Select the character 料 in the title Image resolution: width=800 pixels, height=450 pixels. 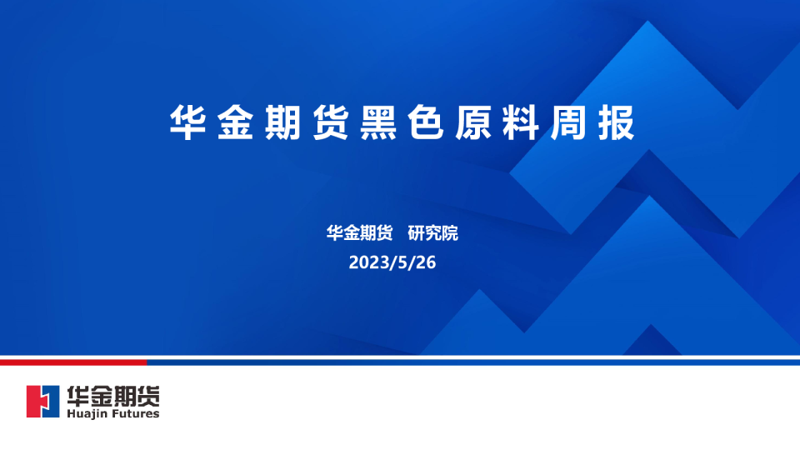(519, 123)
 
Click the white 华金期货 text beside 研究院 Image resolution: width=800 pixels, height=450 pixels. (359, 233)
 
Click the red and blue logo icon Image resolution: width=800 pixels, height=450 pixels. (43, 402)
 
